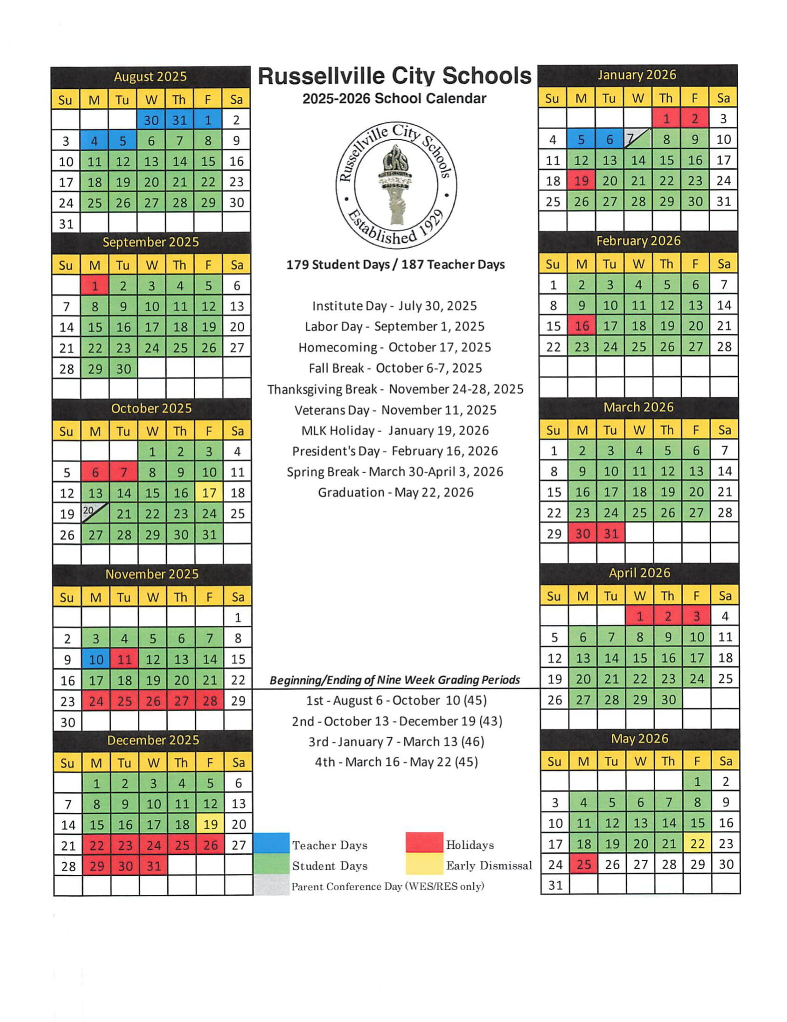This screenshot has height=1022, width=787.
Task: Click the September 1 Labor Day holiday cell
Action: tap(95, 285)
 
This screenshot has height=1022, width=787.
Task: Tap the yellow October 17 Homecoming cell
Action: tap(209, 493)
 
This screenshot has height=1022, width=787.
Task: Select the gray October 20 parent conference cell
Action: tap(95, 513)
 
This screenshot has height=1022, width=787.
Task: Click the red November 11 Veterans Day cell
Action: tap(124, 659)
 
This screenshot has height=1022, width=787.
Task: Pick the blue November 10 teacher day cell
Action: tap(96, 659)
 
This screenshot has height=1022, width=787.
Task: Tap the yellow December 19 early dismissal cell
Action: tap(210, 824)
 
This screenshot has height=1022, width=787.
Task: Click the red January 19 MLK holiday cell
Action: tap(581, 181)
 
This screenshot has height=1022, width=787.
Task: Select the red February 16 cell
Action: tap(582, 326)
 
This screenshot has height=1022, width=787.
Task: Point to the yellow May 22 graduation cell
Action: tap(697, 843)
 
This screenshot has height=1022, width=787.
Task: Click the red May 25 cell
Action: tap(584, 864)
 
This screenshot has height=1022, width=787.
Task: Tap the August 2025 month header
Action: tap(150, 77)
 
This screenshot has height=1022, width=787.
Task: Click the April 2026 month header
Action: tap(639, 573)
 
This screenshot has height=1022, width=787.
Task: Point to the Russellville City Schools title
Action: tap(394, 76)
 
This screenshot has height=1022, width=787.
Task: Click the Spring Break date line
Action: tap(395, 472)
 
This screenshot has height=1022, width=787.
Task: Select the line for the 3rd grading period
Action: tap(396, 742)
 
